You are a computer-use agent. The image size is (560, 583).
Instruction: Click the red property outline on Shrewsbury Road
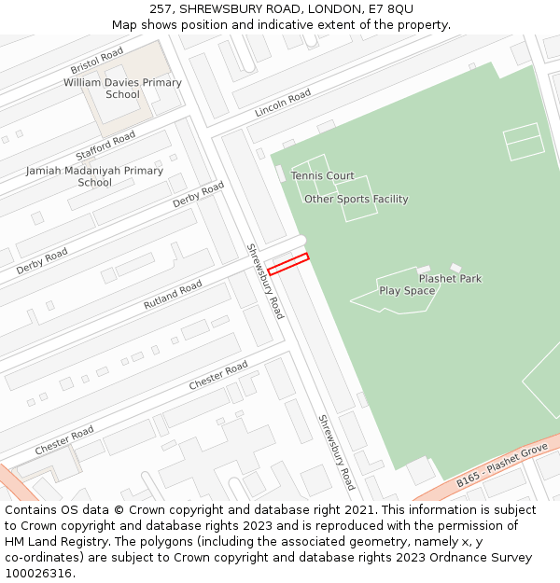287,264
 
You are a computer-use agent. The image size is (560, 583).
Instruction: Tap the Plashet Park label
450,278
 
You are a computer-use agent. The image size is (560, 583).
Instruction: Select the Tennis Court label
322,175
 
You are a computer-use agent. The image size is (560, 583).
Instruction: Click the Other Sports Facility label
356,199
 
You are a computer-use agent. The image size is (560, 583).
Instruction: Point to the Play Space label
407,291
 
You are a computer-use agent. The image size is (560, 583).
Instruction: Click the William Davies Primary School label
122,89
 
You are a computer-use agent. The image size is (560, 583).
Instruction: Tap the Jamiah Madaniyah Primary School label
94,176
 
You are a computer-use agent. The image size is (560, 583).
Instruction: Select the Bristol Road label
97,62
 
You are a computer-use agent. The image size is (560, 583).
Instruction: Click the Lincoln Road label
283,104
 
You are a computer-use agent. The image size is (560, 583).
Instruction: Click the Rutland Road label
173,295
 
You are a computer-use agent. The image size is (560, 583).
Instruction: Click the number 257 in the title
160,8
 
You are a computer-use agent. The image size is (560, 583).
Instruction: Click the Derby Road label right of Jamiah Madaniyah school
199,195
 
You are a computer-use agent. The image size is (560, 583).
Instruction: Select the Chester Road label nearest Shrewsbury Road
218,375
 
